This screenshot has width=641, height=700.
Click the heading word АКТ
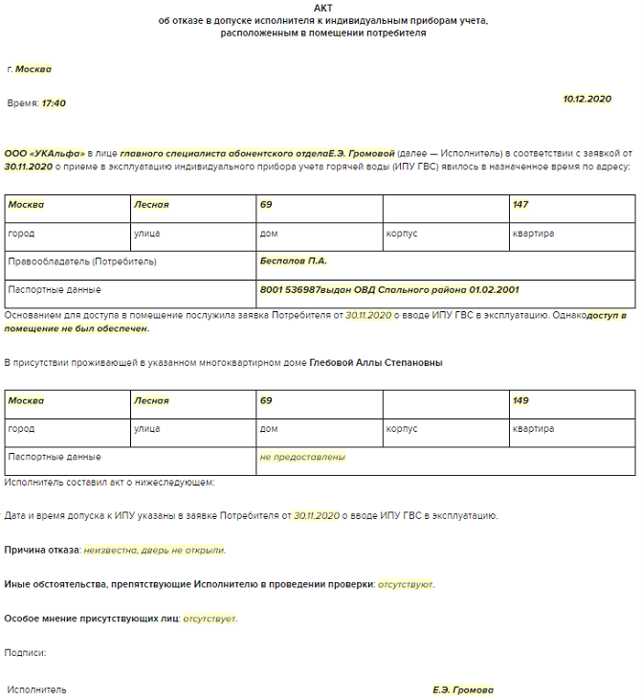tap(321, 8)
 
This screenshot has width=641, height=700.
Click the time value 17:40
tap(54, 103)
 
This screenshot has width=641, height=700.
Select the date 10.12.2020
tap(586, 99)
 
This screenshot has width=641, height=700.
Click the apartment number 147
tap(520, 205)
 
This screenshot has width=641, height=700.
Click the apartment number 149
tap(520, 400)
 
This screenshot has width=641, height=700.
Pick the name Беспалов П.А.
tap(293, 260)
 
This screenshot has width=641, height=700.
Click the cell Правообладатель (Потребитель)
tap(82, 261)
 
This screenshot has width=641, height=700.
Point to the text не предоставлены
tap(302, 457)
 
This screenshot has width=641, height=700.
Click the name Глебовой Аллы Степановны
tap(376, 363)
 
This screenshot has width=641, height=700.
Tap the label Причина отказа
tap(42, 551)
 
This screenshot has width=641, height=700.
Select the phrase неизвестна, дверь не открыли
tap(154, 551)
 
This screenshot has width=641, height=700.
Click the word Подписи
tap(25, 653)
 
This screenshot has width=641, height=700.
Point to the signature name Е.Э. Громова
tap(463, 689)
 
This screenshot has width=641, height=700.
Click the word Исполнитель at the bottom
tap(36, 689)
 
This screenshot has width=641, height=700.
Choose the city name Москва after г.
tap(33, 69)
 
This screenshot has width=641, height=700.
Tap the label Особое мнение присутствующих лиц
tap(92, 619)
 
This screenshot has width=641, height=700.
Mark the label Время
tap(21, 103)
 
